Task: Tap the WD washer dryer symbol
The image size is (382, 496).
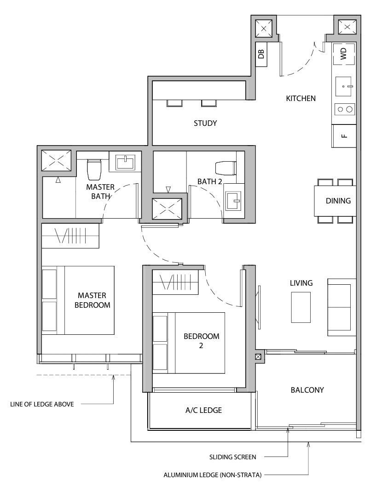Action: coord(343,55)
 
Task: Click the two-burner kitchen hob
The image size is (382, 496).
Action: coord(344,109)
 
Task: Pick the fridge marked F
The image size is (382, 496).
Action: coord(344,136)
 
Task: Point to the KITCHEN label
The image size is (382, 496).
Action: coord(301,98)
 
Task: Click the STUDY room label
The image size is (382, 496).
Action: coord(205,123)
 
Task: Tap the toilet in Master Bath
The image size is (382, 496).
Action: coord(94,169)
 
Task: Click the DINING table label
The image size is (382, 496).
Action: coord(338,201)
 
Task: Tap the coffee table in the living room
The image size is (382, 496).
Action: coord(301,307)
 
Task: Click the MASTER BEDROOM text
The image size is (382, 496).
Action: coord(94,300)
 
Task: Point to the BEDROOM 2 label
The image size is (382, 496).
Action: coord(201,341)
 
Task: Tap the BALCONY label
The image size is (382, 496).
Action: coord(307,390)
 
